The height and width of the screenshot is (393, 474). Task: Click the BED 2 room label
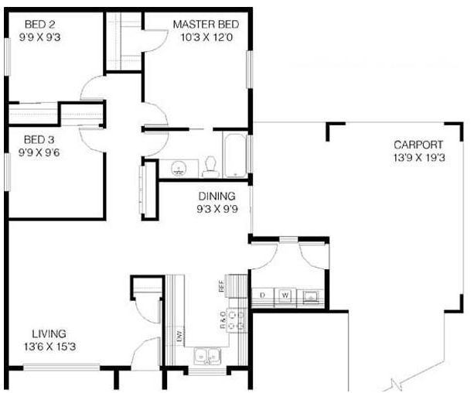coord(40,24)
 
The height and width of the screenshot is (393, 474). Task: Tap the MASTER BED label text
coord(206,25)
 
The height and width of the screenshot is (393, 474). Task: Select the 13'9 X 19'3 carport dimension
coord(419,158)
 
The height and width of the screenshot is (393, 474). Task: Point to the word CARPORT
coord(418,145)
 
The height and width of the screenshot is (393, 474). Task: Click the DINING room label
coord(217,196)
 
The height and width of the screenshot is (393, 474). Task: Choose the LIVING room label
coord(49,333)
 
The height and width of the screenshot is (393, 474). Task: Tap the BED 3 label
coord(39,140)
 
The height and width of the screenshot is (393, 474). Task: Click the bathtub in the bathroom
coord(235,155)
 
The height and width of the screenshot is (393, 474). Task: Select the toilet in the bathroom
coord(210,167)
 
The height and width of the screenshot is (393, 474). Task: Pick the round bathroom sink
coord(178,169)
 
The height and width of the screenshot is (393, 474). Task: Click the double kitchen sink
coord(207,356)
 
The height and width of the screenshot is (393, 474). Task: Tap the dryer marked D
coord(263,295)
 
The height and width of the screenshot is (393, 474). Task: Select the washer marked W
coord(285,295)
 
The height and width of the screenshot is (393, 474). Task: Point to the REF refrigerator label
coord(222,285)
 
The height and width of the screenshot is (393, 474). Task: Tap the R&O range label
coord(223,320)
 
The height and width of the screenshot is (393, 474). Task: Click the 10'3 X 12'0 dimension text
coord(206,37)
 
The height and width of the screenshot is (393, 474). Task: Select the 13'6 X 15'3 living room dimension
coord(50,347)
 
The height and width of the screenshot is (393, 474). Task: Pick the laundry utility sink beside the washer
coord(310,296)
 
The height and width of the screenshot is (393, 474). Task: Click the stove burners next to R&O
coord(237,320)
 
